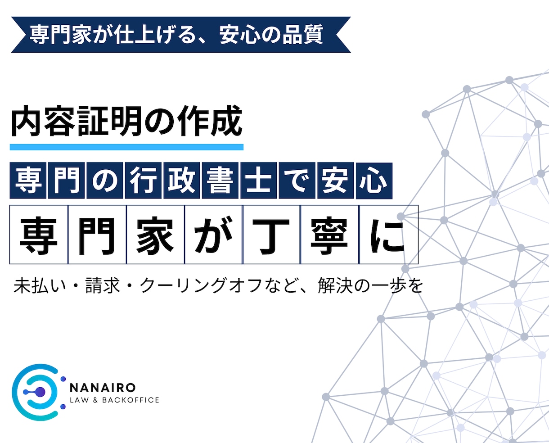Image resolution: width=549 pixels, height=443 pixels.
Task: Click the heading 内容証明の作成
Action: click(x=126, y=122)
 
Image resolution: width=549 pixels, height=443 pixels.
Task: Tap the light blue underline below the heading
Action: click(x=126, y=147)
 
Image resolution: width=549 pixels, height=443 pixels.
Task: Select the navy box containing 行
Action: click(x=143, y=181)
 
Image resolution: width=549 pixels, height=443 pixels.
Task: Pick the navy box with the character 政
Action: click(x=181, y=181)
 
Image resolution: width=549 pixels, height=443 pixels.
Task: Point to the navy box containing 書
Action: click(x=220, y=181)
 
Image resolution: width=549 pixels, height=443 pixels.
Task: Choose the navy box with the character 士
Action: click(x=258, y=181)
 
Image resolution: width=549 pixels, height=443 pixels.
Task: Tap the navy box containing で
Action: click(x=297, y=181)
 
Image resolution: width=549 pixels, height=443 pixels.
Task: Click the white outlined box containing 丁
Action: click(x=271, y=235)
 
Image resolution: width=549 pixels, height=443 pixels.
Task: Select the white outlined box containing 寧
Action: click(x=329, y=235)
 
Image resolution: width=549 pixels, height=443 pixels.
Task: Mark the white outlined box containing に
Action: click(x=388, y=235)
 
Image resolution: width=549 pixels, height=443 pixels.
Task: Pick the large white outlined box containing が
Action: click(x=213, y=235)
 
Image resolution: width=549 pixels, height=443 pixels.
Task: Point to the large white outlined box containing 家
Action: click(x=155, y=235)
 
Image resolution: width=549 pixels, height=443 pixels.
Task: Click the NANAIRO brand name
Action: click(x=103, y=388)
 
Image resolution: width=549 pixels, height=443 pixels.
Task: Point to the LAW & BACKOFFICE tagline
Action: click(x=114, y=400)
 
